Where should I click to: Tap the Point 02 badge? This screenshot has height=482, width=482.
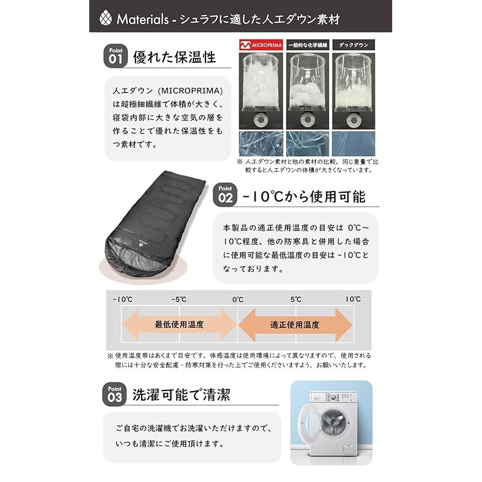point(225,195)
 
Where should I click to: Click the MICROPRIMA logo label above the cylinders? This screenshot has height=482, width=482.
point(260,45)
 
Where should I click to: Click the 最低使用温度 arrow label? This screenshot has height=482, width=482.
point(179,324)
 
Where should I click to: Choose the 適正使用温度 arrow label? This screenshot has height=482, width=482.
point(295,324)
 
